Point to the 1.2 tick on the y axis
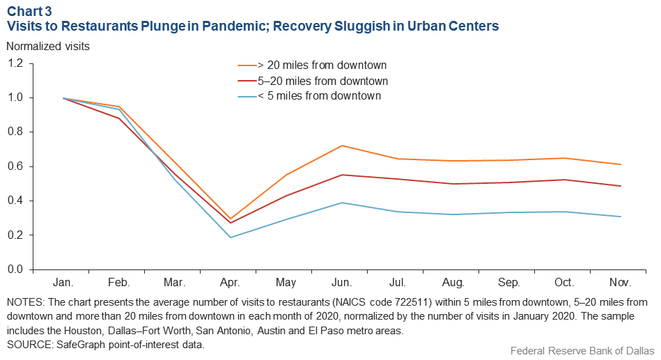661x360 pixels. (15, 63)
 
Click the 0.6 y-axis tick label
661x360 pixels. (15, 166)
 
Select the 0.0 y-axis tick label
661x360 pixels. (15, 269)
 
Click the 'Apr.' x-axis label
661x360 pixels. (230, 283)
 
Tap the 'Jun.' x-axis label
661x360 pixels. (341, 283)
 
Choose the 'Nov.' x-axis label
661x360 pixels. (619, 283)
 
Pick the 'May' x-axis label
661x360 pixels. (286, 283)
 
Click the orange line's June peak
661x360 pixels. (341, 146)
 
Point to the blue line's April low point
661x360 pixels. (230, 237)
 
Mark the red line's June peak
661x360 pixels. (341, 175)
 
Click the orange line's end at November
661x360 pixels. (620, 164)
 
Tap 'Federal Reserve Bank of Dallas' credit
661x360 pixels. (582, 350)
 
